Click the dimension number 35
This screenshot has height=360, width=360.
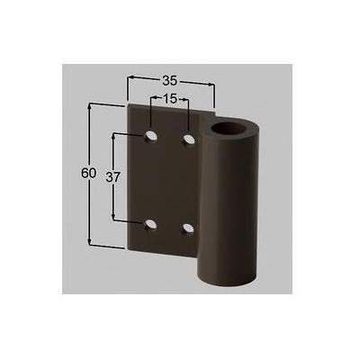pyautogui.click(x=170, y=80)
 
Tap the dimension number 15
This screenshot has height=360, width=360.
pyautogui.click(x=170, y=98)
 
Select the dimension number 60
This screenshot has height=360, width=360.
pyautogui.click(x=88, y=174)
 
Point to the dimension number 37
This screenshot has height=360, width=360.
pyautogui.click(x=112, y=177)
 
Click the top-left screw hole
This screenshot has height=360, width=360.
pyautogui.click(x=151, y=136)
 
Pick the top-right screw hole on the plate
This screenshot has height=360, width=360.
pyautogui.click(x=189, y=139)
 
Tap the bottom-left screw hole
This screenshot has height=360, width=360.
pyautogui.click(x=150, y=225)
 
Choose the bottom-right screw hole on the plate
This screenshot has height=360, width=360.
pyautogui.click(x=188, y=229)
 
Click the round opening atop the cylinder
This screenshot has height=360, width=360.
pyautogui.click(x=229, y=130)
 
